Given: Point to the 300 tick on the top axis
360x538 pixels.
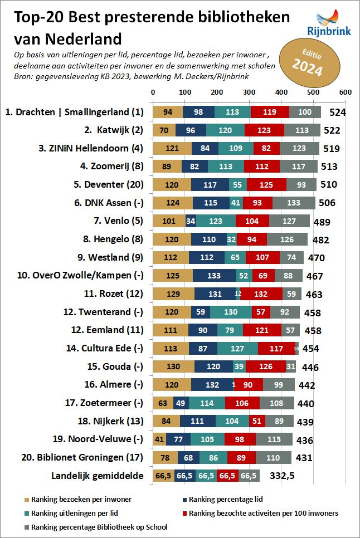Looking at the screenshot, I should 249,92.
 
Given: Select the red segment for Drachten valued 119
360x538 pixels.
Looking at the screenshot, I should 270,112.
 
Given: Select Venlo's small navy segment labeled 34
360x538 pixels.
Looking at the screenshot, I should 191,221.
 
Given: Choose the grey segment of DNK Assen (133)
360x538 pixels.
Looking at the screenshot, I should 294,203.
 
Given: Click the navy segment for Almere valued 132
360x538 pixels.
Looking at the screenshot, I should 212,385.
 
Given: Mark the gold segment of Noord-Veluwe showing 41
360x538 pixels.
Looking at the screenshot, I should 159,439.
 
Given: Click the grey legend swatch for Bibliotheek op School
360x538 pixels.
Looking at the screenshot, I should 26,526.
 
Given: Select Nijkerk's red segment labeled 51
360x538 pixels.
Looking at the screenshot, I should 257,422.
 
